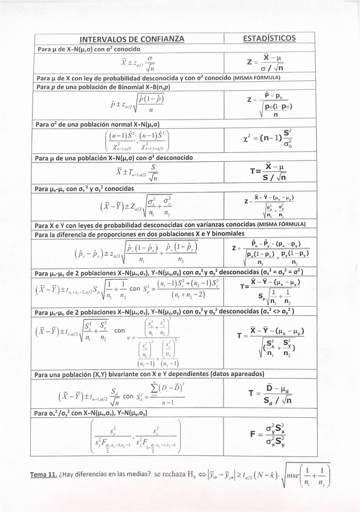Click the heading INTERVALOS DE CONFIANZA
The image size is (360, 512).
click(132, 39)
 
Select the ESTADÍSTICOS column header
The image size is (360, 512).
click(269, 38)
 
